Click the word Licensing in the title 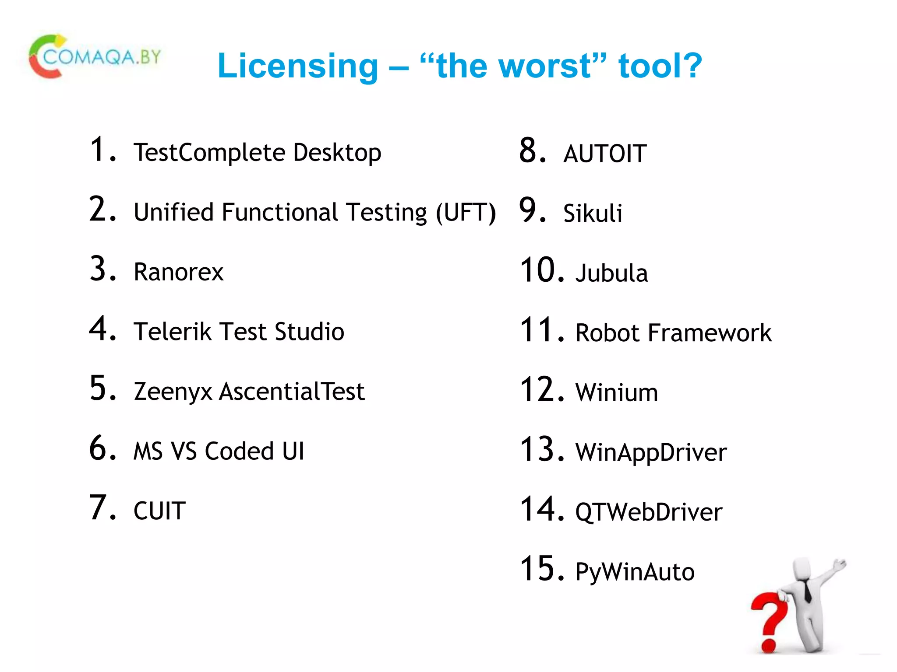pyautogui.click(x=298, y=66)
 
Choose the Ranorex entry pyautogui.click(x=178, y=272)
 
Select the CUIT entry pyautogui.click(x=159, y=511)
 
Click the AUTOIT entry pyautogui.click(x=605, y=154)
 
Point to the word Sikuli pyautogui.click(x=593, y=213)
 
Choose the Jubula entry pyautogui.click(x=611, y=273)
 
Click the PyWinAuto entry pyautogui.click(x=635, y=571)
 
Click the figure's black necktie pyautogui.click(x=807, y=591)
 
